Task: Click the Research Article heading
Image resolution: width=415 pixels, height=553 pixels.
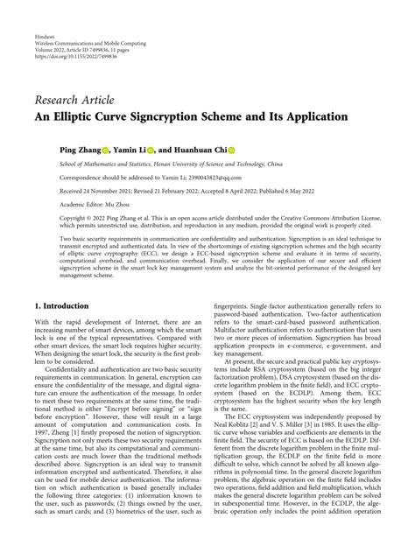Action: [x=76, y=97]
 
